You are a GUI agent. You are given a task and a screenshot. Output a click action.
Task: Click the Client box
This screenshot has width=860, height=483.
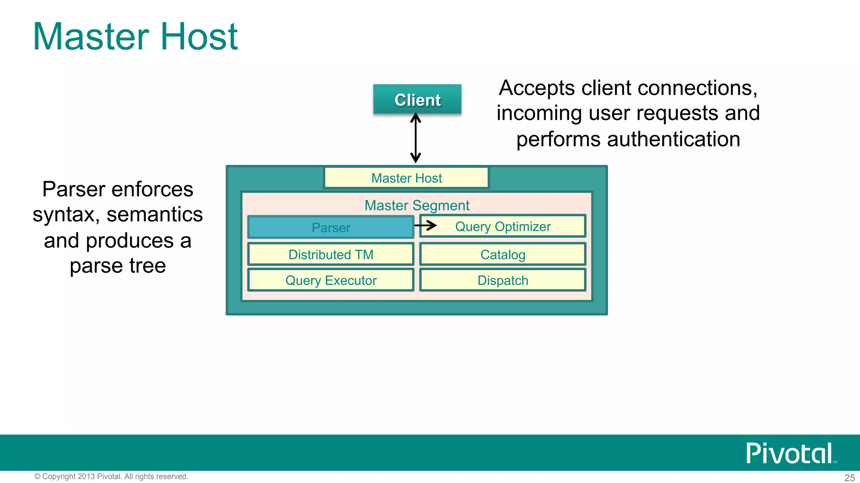(x=417, y=99)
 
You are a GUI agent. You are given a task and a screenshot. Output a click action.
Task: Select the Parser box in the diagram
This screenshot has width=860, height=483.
(x=330, y=227)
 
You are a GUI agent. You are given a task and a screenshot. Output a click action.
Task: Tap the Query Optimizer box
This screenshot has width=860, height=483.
(x=503, y=226)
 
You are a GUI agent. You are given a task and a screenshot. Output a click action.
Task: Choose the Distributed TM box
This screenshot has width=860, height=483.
(x=330, y=254)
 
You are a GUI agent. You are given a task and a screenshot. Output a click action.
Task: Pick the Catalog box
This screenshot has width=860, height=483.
(x=503, y=254)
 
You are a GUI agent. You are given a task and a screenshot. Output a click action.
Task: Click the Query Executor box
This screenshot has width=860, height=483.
(x=330, y=280)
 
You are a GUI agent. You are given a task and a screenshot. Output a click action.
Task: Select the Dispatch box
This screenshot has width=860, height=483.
(x=503, y=280)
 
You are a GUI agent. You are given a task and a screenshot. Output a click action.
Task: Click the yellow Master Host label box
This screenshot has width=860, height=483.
(x=406, y=178)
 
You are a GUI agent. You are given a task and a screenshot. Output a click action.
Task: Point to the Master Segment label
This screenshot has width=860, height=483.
(x=417, y=205)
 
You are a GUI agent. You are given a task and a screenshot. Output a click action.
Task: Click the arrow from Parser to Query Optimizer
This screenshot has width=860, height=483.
(x=426, y=226)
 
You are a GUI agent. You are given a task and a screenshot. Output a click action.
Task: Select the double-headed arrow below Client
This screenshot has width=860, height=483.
(x=415, y=138)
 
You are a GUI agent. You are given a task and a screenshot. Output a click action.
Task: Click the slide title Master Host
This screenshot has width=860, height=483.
(x=135, y=37)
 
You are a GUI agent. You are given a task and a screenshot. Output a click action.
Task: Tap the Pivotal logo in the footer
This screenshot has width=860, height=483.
(x=789, y=453)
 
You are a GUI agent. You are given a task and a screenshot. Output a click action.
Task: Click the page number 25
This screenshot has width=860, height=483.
(x=850, y=478)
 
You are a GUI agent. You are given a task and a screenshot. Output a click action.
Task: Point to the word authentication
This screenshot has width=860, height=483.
(x=673, y=139)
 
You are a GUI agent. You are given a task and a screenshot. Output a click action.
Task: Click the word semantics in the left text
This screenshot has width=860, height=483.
(x=155, y=215)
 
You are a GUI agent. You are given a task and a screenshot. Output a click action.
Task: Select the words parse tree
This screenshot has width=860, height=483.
(x=118, y=266)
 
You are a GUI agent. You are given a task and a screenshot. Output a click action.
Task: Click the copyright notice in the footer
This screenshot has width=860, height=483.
(x=111, y=476)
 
